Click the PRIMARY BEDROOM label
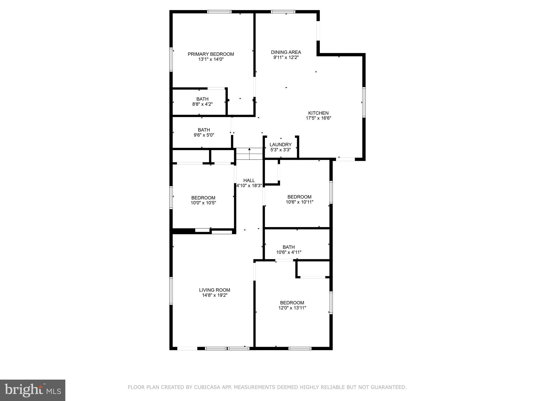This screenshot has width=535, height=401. pyautogui.click(x=211, y=54)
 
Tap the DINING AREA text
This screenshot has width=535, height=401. pyautogui.click(x=286, y=52)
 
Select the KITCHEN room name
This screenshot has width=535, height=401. pyautogui.click(x=318, y=113)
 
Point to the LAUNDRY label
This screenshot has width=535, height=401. pyautogui.click(x=280, y=145)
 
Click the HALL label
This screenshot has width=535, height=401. pyautogui.click(x=249, y=180)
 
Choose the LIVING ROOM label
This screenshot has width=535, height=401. pyautogui.click(x=214, y=290)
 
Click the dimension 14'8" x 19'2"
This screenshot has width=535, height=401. pyautogui.click(x=214, y=295)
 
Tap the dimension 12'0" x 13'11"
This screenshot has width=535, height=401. pyautogui.click(x=292, y=308)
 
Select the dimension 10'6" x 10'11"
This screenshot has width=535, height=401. pyautogui.click(x=299, y=202)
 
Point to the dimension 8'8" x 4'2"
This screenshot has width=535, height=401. pyautogui.click(x=202, y=104)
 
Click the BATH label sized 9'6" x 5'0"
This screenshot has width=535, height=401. pyautogui.click(x=204, y=130)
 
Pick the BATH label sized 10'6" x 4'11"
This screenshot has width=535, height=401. pyautogui.click(x=289, y=247)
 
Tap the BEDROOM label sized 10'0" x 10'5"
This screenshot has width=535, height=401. pyautogui.click(x=203, y=198)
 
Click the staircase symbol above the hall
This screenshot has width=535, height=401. pyautogui.click(x=249, y=154)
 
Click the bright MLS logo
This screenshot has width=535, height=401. pyautogui.click(x=33, y=390)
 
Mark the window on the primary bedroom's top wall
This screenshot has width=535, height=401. pyautogui.click(x=219, y=12)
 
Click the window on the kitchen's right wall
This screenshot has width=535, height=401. pyautogui.click(x=364, y=102)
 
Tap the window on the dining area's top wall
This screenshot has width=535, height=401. pyautogui.click(x=283, y=12)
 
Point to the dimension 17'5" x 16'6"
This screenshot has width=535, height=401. pyautogui.click(x=318, y=118)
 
